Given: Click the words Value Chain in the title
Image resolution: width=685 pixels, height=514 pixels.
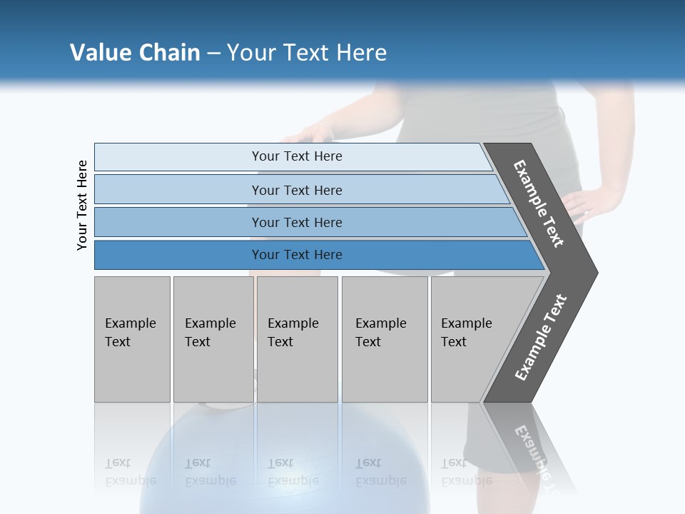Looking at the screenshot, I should coord(135,53).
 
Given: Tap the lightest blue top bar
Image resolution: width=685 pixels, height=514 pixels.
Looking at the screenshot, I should coord(178,157).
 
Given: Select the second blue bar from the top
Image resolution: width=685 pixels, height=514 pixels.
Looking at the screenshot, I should coord(178,190).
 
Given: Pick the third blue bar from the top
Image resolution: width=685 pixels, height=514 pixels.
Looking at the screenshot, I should coord(178,223).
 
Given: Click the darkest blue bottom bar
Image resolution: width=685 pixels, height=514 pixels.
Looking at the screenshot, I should coord(178,255).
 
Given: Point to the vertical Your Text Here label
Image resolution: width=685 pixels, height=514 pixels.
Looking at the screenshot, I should coord(82,205).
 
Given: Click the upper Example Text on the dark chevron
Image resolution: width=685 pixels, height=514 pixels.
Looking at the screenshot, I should coord(539,203).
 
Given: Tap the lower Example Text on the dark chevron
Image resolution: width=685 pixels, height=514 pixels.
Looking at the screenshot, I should coord(541,338).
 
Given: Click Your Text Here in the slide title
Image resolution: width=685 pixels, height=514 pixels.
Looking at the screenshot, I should coord(307,53).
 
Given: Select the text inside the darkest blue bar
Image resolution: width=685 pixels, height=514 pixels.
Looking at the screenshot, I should coord(297,255).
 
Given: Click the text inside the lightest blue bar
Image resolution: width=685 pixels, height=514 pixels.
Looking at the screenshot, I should coord(297,156).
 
